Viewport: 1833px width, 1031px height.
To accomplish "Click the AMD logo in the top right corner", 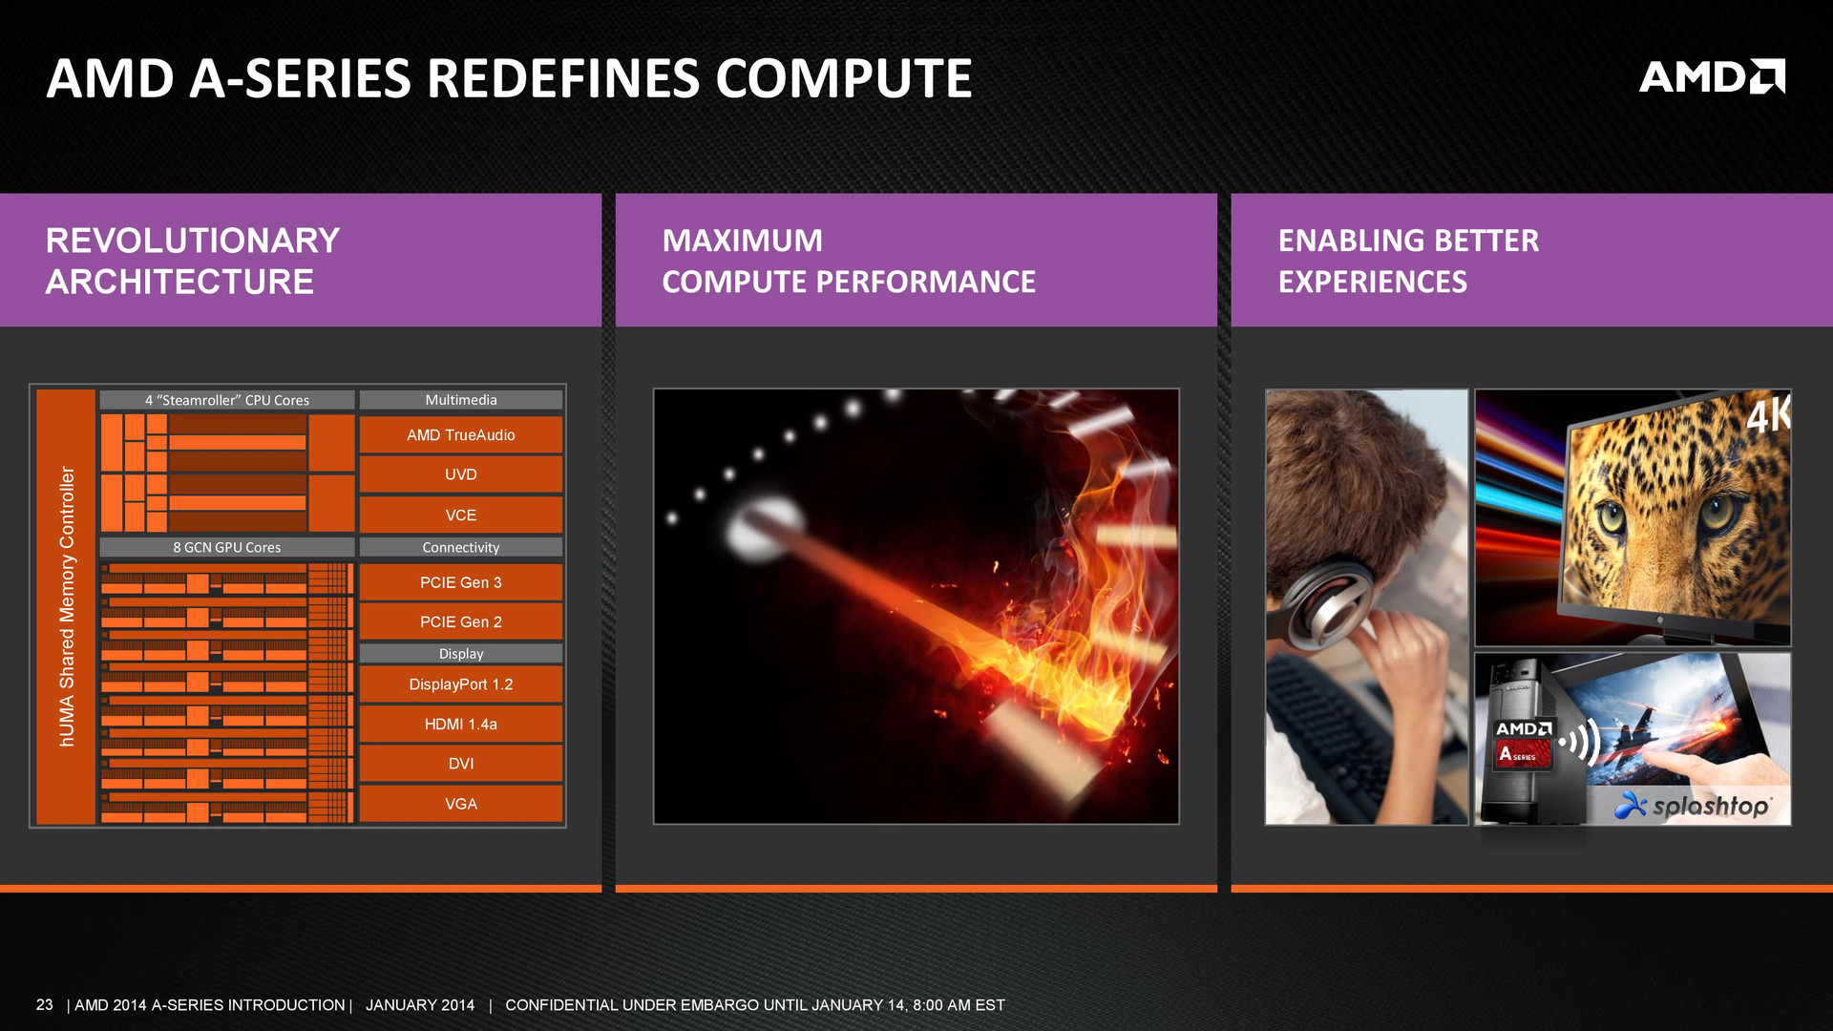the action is click(x=1712, y=76).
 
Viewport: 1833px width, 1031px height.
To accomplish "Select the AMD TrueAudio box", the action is click(x=461, y=435).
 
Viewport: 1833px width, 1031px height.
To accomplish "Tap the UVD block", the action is click(x=461, y=474).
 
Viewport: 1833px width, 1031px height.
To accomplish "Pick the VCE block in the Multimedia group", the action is click(x=461, y=515).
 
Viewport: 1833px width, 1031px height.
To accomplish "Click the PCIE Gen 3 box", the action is click(x=461, y=582).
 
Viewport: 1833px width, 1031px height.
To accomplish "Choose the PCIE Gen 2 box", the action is click(x=461, y=621).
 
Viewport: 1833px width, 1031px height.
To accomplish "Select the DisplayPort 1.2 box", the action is click(x=461, y=684).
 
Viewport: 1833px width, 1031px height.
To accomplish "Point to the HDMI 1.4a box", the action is click(x=461, y=725).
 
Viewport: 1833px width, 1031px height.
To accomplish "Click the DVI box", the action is click(x=461, y=764).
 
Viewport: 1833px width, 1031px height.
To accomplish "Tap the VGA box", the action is click(x=461, y=804).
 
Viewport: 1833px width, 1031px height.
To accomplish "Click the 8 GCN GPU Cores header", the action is click(x=227, y=547).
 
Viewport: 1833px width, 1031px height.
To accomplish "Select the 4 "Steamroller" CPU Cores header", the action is click(x=227, y=400).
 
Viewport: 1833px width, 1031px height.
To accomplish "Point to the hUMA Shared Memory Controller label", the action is click(x=66, y=606).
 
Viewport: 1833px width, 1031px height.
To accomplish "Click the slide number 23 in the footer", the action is click(x=45, y=1004).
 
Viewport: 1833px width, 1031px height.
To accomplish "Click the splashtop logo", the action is click(x=1692, y=806).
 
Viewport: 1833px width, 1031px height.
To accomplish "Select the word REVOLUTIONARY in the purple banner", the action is click(x=193, y=241).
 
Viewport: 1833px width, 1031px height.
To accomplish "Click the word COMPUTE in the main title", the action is click(x=844, y=78).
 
